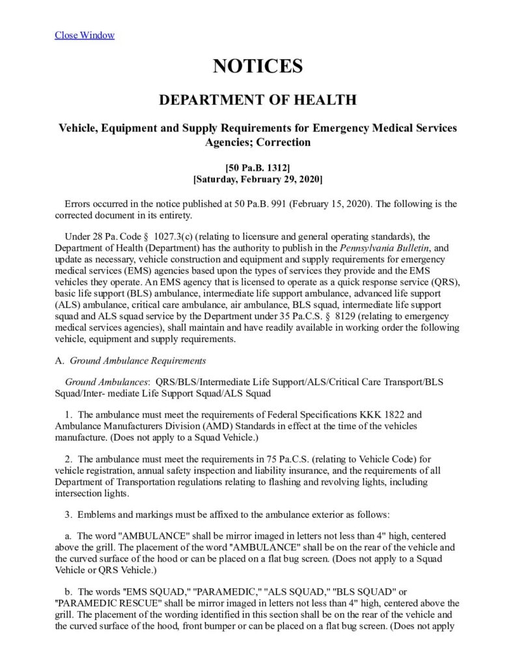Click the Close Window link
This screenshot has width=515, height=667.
coord(85,35)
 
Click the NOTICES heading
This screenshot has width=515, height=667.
coord(258,66)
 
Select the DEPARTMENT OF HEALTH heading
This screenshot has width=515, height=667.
coord(258,100)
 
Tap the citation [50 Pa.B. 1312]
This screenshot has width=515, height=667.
coord(258,167)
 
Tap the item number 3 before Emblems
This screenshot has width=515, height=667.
coord(67,515)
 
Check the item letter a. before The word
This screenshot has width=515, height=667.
coord(68,535)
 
